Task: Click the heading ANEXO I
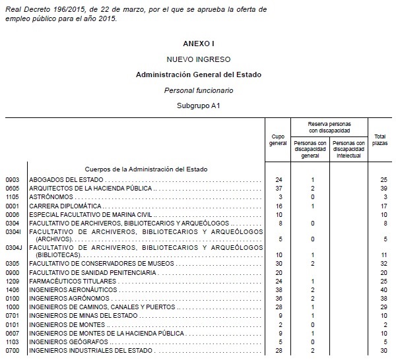pos(199,44)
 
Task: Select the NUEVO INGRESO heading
pos(199,59)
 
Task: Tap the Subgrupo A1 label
pos(199,105)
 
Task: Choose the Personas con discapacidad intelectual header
pos(348,149)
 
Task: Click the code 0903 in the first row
pos(13,180)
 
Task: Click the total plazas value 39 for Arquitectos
pos(383,189)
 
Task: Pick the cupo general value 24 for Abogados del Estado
pos(279,180)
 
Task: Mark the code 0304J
pos(14,248)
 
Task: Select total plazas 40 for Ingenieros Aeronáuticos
pos(383,289)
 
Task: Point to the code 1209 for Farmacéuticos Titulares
pos(13,281)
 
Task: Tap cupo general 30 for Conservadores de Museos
pos(279,263)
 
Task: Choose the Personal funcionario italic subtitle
pos(199,90)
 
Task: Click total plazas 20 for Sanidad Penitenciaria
pos(383,272)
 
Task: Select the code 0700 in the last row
pos(13,351)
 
